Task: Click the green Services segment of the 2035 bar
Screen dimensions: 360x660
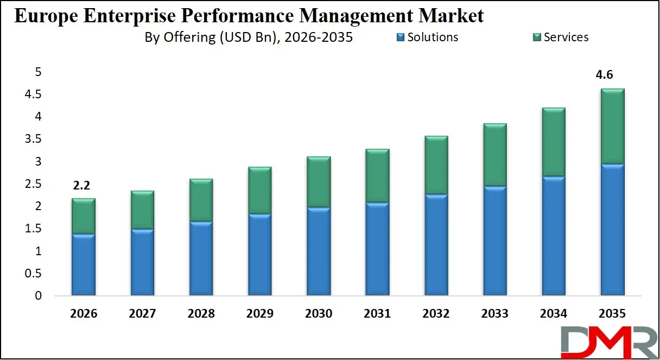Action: click(x=612, y=126)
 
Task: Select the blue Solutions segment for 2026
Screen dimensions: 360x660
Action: click(x=83, y=265)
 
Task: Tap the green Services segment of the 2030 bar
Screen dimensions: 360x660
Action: click(x=318, y=182)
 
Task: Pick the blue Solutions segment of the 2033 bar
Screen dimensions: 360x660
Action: click(x=494, y=241)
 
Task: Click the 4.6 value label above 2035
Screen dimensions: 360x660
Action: click(x=604, y=75)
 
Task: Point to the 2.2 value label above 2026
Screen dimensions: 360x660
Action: click(x=81, y=185)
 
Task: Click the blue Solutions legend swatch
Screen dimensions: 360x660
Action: click(x=401, y=37)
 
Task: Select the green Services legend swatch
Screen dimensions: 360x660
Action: click(x=537, y=37)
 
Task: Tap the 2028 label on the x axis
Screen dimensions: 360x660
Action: click(x=200, y=314)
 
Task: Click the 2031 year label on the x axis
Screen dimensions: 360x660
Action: click(x=377, y=314)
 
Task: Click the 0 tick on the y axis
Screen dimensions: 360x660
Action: click(x=38, y=296)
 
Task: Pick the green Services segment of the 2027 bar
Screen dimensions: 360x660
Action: click(x=142, y=210)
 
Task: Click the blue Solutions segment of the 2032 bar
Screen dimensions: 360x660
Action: click(x=436, y=245)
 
